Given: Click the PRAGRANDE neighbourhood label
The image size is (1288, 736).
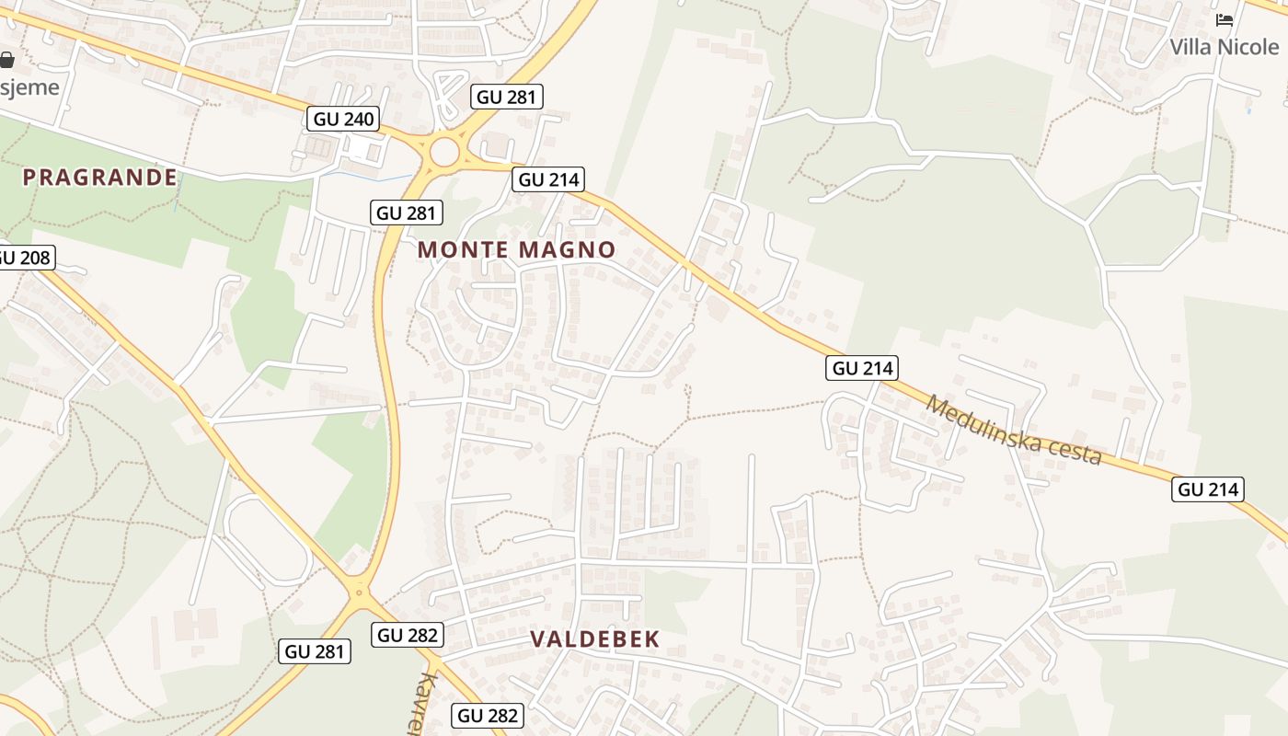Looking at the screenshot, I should click(99, 178).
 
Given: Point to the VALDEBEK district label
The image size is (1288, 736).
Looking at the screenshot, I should click(595, 639).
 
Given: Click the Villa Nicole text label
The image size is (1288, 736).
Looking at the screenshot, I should click(1224, 46).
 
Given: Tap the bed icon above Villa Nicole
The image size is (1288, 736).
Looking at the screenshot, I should click(1224, 19).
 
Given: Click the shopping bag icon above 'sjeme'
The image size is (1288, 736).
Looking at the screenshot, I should click(7, 61).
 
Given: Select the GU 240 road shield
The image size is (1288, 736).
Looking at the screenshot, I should click(344, 119).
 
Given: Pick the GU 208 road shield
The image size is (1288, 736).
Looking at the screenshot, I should click(23, 258).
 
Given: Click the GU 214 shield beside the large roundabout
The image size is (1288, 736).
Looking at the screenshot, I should click(549, 179).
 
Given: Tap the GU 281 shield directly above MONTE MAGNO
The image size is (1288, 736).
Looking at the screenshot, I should click(408, 213).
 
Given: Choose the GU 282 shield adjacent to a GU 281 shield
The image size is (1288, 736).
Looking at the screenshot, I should click(408, 635).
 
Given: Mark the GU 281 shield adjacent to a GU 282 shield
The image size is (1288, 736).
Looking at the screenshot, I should click(316, 651).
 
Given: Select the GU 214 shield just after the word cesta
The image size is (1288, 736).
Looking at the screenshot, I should click(1208, 489).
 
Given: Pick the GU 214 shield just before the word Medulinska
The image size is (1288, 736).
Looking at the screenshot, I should click(862, 369).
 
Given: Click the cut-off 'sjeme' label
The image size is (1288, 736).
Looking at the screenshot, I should click(29, 87).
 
